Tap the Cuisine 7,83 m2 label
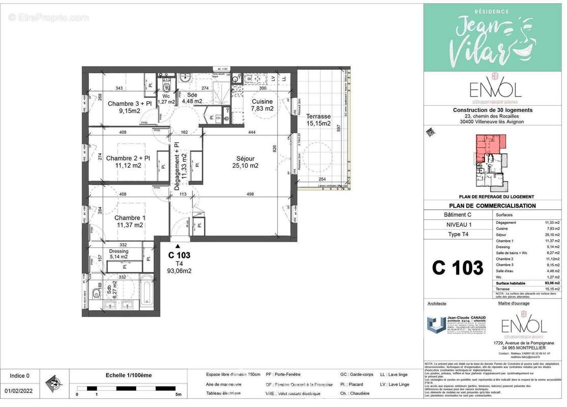[262, 105]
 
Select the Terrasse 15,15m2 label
[318, 120]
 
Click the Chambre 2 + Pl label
[128, 162]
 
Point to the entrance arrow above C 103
[177, 246]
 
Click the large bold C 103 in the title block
[458, 268]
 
